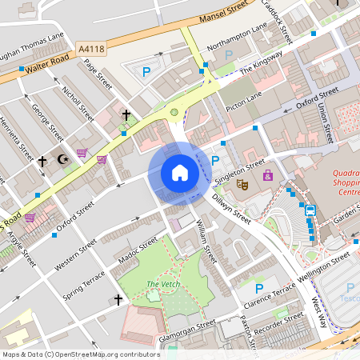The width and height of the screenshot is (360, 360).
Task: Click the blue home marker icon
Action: point(179,173)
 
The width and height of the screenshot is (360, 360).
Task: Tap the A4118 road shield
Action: point(91,50)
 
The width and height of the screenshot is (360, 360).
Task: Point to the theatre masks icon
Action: point(242,184)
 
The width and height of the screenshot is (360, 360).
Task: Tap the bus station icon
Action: point(310,210)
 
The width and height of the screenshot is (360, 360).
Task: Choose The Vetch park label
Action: point(163,285)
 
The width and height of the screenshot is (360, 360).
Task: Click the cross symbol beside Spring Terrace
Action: point(118,300)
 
